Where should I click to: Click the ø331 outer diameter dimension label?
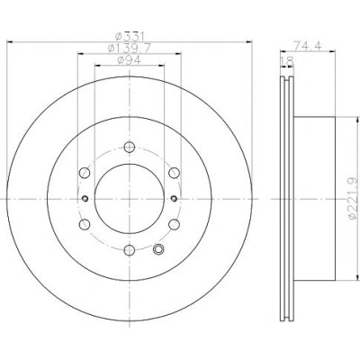(130, 36)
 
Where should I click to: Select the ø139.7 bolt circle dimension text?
(130, 48)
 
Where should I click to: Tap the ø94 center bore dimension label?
(130, 59)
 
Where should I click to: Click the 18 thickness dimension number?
(286, 61)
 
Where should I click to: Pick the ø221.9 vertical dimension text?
(353, 199)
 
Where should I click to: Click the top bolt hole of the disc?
(130, 147)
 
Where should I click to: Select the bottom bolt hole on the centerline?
(130, 250)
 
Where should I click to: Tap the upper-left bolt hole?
(85, 173)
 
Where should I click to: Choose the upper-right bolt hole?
(174, 173)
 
